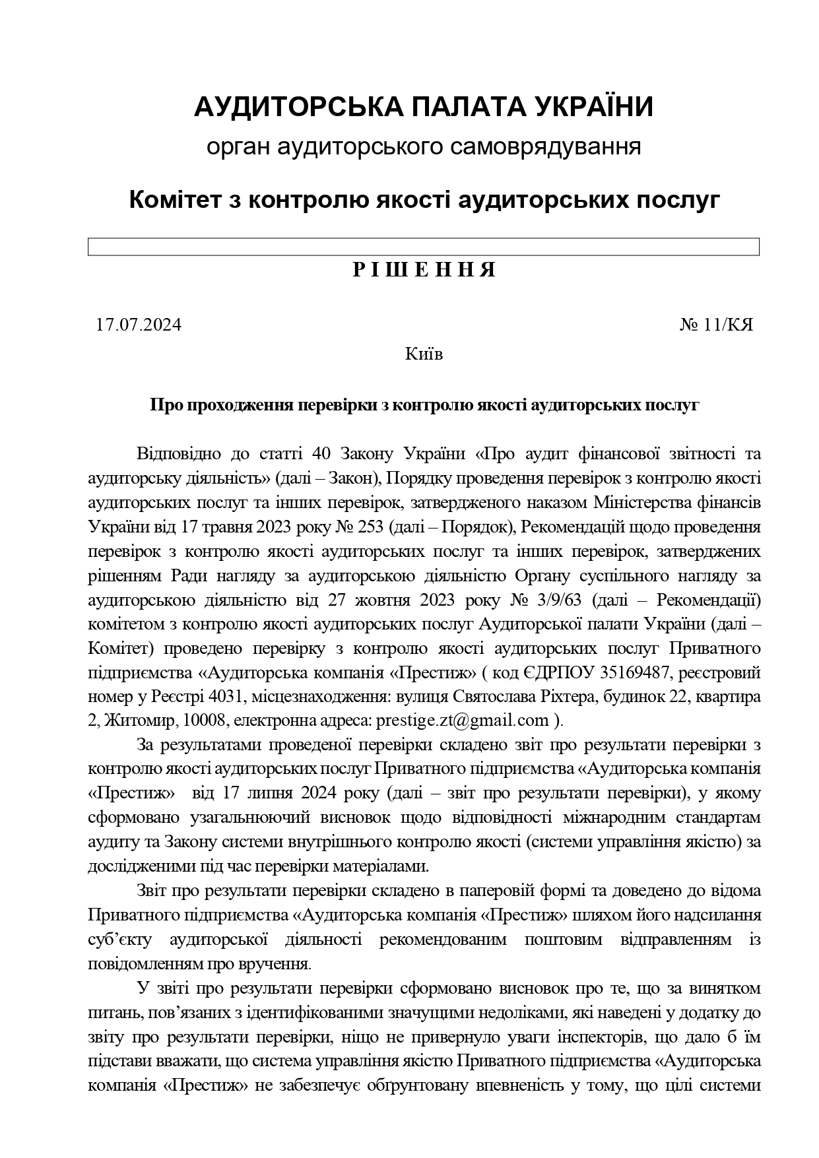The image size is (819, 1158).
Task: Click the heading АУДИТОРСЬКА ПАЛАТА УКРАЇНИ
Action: click(423, 107)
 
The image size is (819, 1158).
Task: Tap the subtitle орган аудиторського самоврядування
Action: click(423, 146)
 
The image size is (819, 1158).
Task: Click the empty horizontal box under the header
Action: click(423, 247)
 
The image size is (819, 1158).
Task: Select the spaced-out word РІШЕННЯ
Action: click(424, 270)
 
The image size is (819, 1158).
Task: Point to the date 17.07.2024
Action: click(139, 325)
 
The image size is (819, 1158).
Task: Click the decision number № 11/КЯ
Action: click(716, 325)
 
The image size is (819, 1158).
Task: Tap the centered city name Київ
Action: click(424, 354)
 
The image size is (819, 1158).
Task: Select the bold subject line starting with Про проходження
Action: click(424, 405)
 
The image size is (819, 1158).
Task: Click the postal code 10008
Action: click(206, 720)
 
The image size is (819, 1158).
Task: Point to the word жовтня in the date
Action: click(381, 600)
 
